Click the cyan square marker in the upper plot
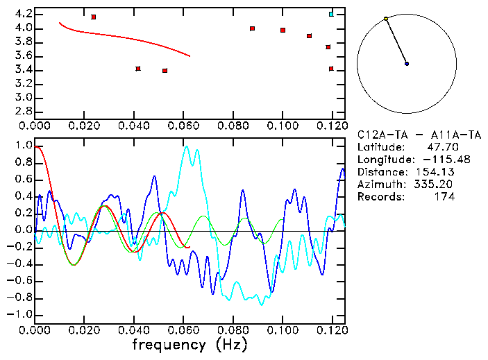click(331, 14)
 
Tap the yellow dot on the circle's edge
click(386, 19)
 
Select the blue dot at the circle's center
click(407, 64)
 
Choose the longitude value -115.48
click(436, 160)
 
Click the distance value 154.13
click(436, 172)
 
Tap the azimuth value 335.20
click(436, 185)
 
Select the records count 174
click(444, 197)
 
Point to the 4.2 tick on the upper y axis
click(22, 14)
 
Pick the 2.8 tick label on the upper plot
click(22, 111)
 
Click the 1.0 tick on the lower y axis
click(22, 146)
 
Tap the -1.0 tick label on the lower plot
click(19, 314)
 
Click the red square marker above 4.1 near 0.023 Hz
click(94, 17)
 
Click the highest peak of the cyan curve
click(185, 146)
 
